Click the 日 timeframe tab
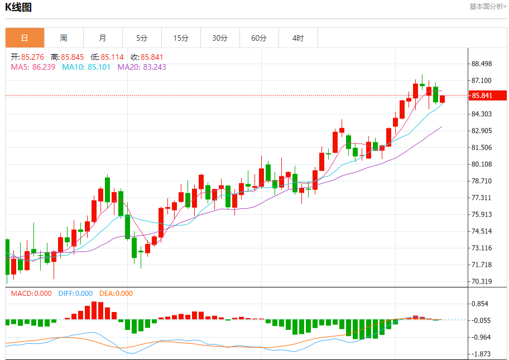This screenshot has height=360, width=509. [x=25, y=38]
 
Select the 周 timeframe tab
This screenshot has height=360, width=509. [x=64, y=38]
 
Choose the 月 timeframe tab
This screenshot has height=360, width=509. [x=103, y=38]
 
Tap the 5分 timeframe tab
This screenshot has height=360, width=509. [x=142, y=38]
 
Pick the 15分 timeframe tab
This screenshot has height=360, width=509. [x=181, y=38]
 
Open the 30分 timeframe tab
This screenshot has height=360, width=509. [x=220, y=38]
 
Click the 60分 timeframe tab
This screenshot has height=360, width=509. [x=259, y=38]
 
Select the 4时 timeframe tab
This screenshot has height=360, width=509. [x=298, y=38]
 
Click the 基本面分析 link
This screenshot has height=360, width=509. [x=488, y=7]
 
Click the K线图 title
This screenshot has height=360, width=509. [x=18, y=7]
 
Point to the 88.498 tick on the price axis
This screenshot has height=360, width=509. [x=482, y=64]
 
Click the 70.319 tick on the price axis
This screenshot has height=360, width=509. [x=482, y=281]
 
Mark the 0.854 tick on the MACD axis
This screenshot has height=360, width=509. [x=480, y=304]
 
